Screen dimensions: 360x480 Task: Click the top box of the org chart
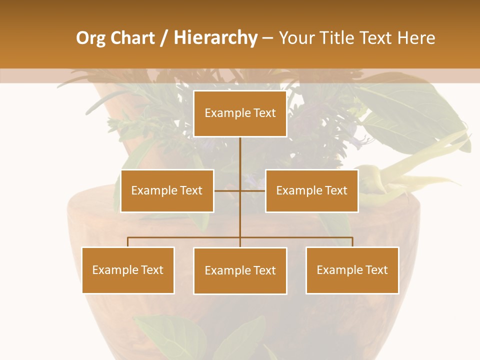pyautogui.click(x=240, y=113)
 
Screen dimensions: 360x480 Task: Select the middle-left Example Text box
pyautogui.click(x=167, y=190)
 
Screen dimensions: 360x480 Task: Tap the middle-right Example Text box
pyautogui.click(x=311, y=190)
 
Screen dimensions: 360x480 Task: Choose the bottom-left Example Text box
pyautogui.click(x=127, y=270)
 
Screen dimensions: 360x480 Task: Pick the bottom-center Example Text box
pyautogui.click(x=240, y=270)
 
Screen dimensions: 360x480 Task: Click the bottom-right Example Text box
pyautogui.click(x=352, y=270)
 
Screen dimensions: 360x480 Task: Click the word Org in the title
pyautogui.click(x=90, y=38)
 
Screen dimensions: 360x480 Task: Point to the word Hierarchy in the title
pyautogui.click(x=215, y=38)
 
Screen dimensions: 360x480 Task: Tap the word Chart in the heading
pyautogui.click(x=132, y=38)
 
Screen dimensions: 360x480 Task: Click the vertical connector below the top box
pyautogui.click(x=240, y=155)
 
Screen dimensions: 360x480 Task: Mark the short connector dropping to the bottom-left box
pyautogui.click(x=127, y=242)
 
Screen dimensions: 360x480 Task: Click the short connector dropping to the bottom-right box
pyautogui.click(x=352, y=242)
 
